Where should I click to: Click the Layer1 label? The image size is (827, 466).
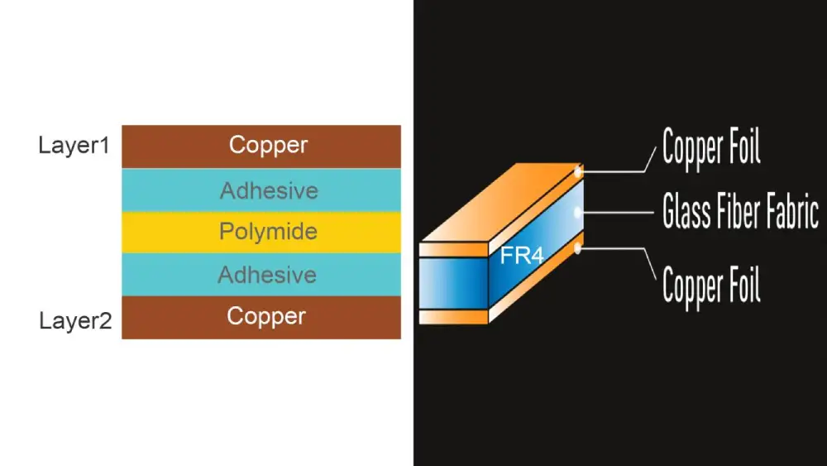click(74, 146)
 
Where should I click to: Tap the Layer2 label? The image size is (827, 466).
click(75, 321)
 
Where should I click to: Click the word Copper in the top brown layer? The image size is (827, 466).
click(268, 146)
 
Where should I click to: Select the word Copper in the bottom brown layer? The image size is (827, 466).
click(266, 316)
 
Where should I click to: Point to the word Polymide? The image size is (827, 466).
click(268, 232)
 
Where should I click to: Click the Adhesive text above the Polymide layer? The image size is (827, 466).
click(269, 191)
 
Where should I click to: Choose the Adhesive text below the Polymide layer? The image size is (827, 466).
click(267, 275)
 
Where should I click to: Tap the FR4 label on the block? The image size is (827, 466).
click(522, 257)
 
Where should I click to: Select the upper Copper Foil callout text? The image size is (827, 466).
click(711, 148)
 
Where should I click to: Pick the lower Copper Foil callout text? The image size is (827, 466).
click(711, 284)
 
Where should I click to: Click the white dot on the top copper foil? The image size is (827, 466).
click(579, 171)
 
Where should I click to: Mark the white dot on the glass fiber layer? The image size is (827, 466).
click(579, 212)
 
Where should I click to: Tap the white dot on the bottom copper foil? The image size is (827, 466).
click(579, 246)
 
